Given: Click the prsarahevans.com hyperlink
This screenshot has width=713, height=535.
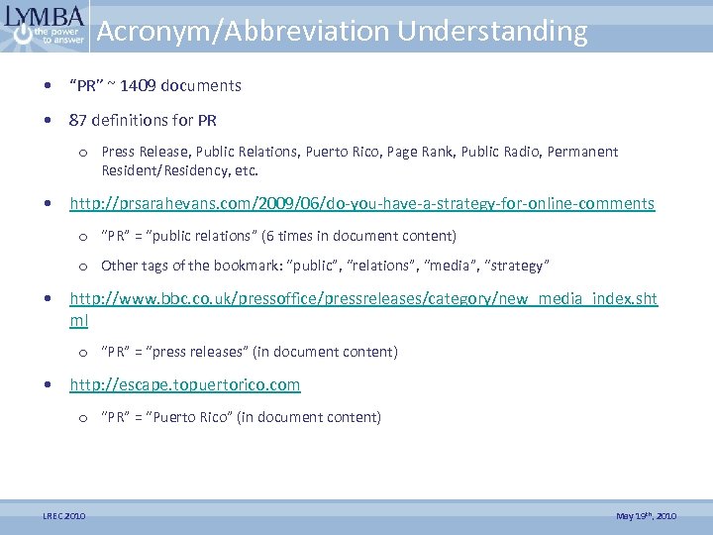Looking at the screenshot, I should coord(361,204).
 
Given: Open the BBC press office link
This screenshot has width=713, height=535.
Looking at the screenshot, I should coord(363,298).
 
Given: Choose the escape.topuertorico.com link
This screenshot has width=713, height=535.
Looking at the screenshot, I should coord(184,384).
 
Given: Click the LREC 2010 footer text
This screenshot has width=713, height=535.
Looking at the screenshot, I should coord(63,516).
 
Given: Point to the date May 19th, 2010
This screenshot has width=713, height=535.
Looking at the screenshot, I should coord(646,516).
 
